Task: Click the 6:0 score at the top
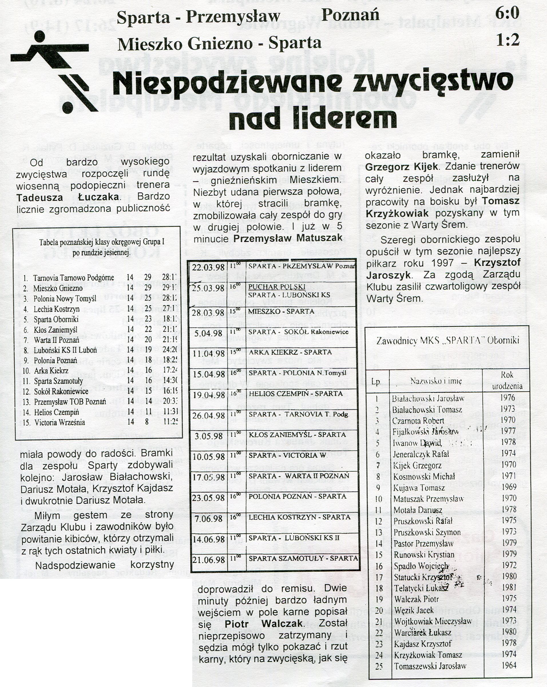[x=507, y=13]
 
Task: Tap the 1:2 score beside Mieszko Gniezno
[x=508, y=40]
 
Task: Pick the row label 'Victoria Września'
[x=60, y=423]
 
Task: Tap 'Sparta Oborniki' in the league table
[x=56, y=319]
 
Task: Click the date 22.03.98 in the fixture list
[x=208, y=267]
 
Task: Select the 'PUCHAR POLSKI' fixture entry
[x=277, y=287]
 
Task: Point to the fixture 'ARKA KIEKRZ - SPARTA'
[x=290, y=352]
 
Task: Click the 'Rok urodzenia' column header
[x=507, y=380]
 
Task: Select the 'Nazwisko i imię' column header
[x=436, y=381]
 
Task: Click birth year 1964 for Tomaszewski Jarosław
[x=509, y=665]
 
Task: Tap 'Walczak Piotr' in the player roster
[x=416, y=599]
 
